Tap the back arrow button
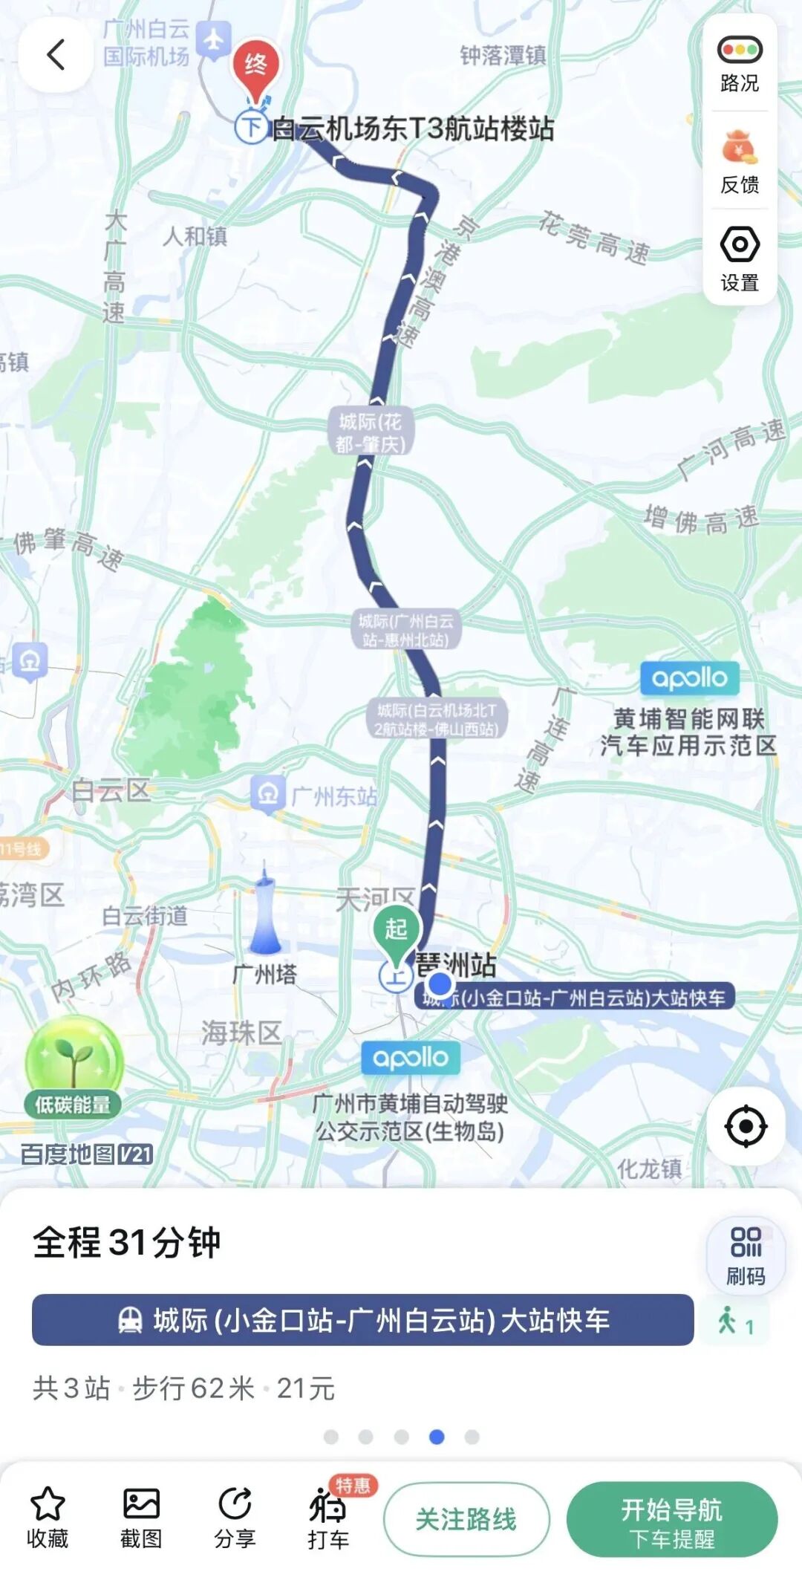click(56, 55)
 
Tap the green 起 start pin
click(396, 931)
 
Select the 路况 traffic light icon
click(739, 51)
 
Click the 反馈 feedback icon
click(739, 148)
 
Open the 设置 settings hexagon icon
click(739, 244)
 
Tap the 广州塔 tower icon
click(264, 909)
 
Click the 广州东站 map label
click(333, 796)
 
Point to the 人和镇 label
click(195, 236)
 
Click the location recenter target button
click(745, 1126)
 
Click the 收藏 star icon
click(48, 1505)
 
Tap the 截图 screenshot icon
click(141, 1505)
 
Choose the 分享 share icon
click(235, 1505)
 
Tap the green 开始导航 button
click(671, 1519)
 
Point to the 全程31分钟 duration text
click(127, 1243)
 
